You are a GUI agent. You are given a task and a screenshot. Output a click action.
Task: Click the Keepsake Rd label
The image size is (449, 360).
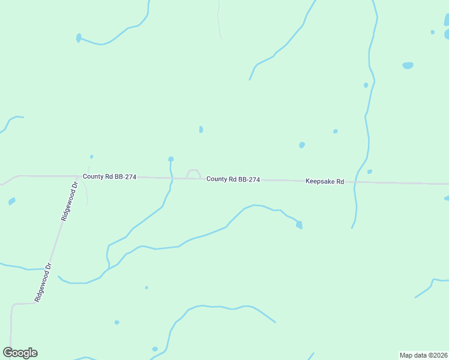324,181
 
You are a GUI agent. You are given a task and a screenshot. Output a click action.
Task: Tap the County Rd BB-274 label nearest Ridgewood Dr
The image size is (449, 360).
109,176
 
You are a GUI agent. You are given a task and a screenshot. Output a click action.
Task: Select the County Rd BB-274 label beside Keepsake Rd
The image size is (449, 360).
233,179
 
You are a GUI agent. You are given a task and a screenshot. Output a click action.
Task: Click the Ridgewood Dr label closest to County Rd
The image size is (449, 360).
70,202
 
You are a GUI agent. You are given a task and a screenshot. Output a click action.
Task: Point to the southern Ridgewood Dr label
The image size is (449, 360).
44,283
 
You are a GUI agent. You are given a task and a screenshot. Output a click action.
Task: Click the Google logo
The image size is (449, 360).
20,353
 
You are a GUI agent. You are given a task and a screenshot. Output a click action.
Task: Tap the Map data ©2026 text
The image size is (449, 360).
423,355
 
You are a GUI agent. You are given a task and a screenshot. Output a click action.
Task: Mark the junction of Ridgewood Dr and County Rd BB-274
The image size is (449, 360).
79,176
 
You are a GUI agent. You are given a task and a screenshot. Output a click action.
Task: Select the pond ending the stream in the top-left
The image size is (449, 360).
79,38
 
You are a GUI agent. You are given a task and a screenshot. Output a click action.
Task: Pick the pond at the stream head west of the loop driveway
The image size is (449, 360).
171,159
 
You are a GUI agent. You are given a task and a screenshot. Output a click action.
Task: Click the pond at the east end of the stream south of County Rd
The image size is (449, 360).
299,224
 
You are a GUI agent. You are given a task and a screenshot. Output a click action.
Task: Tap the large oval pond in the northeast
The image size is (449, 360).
408,65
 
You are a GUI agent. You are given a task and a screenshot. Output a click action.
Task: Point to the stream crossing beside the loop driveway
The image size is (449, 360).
172,178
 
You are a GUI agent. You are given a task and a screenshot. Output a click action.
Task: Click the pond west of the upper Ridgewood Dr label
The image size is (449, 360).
12,202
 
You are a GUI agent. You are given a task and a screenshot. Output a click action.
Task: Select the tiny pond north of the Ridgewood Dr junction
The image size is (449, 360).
91,157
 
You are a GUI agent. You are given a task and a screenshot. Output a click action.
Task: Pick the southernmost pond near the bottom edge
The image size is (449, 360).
155,349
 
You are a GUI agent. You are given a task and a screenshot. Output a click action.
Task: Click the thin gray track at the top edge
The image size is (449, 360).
219,18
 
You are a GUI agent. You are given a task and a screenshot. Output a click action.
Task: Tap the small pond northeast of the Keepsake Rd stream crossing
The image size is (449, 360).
370,172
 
